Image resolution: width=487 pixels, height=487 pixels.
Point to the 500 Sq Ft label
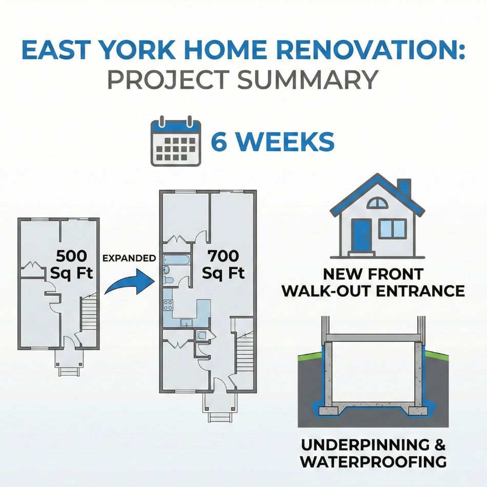[x=71, y=265]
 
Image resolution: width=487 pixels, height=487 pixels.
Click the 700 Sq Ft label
[x=224, y=265]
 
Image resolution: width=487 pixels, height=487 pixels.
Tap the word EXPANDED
[x=129, y=258]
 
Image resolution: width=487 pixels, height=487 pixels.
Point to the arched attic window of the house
[x=377, y=204]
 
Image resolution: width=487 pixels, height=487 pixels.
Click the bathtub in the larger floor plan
[x=175, y=260]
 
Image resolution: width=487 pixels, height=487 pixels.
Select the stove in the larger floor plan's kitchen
[x=168, y=305]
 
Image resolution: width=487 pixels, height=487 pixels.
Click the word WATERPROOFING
[x=373, y=462]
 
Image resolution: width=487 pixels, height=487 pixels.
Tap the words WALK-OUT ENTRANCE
[x=374, y=291]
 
